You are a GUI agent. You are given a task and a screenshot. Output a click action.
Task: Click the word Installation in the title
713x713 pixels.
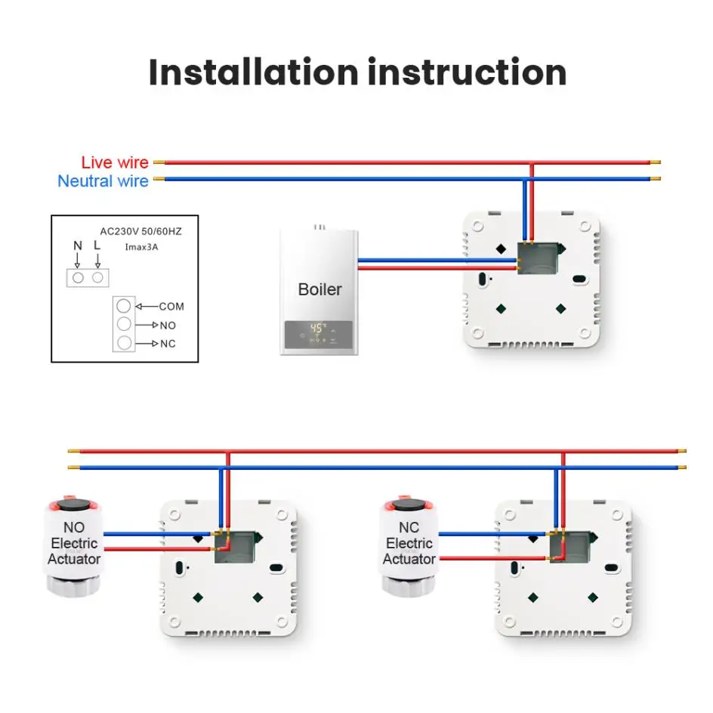[x=252, y=73]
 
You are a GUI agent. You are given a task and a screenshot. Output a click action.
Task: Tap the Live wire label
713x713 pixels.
[x=115, y=162]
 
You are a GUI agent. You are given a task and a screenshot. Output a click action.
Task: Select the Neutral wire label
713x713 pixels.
[x=103, y=181]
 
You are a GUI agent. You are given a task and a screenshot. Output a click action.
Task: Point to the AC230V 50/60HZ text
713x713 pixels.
[x=141, y=231]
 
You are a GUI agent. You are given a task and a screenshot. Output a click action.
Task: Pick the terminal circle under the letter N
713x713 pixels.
[x=77, y=277]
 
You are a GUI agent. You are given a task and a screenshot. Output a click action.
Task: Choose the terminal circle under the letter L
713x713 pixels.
[x=97, y=277]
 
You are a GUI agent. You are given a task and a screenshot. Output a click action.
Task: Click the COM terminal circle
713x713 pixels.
[x=124, y=307]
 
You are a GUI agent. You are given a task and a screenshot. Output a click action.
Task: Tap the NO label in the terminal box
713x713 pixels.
[x=168, y=325]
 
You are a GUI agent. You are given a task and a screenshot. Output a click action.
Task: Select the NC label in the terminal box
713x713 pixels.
[x=168, y=344]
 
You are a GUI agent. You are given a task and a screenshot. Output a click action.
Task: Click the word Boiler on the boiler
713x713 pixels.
[x=319, y=289]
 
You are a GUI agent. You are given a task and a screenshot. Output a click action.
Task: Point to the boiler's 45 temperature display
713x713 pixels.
[x=319, y=329]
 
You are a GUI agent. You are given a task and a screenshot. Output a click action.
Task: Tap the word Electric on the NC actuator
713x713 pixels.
[x=409, y=544]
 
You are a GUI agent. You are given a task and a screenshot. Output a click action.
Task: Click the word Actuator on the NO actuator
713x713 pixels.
[x=74, y=560]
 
